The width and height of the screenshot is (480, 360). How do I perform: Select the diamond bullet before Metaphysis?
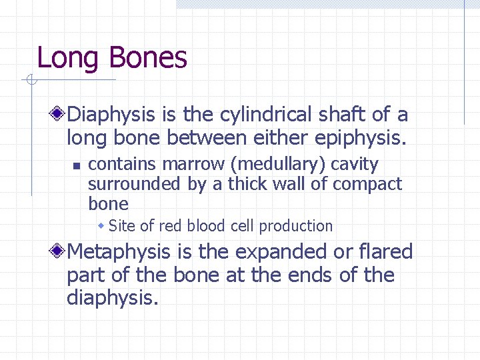[59, 252]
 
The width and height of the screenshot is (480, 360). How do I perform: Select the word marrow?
[180, 164]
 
